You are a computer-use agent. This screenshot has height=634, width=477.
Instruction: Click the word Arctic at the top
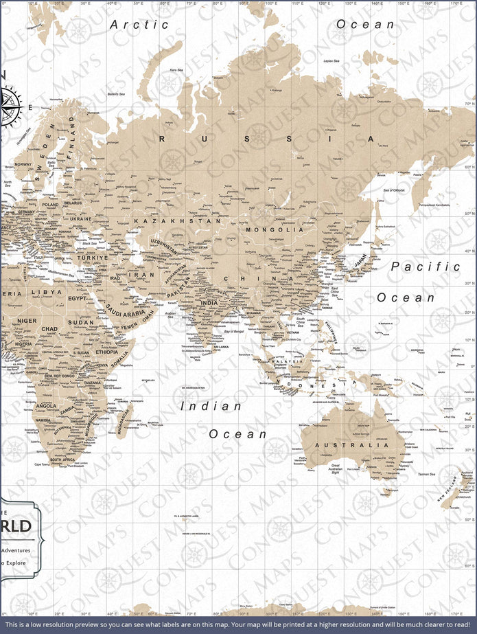(140, 25)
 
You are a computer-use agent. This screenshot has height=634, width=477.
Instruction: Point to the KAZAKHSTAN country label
(178, 221)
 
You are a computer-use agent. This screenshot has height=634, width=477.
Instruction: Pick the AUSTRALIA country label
(351, 445)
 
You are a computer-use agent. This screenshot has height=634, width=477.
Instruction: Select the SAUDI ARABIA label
(126, 313)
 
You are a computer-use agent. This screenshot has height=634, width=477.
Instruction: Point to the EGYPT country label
(78, 299)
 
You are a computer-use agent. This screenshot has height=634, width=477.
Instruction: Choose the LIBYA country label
(51, 292)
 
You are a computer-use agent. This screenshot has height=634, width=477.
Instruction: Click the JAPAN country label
(361, 262)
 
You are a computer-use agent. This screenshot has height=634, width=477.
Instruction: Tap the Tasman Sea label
(426, 475)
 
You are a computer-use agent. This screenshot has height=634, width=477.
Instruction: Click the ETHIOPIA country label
(106, 333)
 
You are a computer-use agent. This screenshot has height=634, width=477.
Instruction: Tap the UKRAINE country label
(81, 218)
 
